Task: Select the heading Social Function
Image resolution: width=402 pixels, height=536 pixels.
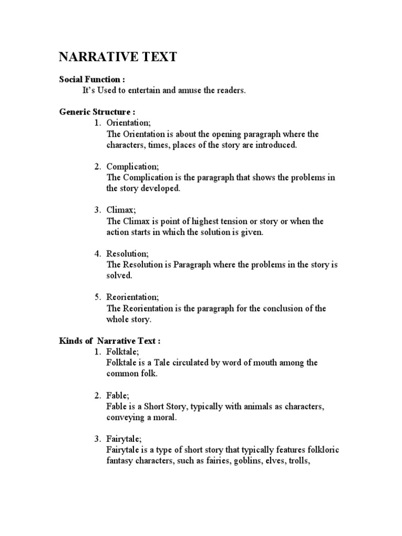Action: (x=92, y=80)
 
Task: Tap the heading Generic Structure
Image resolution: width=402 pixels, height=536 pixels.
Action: (x=98, y=112)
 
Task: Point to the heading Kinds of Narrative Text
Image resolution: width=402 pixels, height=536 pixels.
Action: (x=109, y=341)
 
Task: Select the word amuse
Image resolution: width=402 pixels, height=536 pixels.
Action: (x=198, y=91)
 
